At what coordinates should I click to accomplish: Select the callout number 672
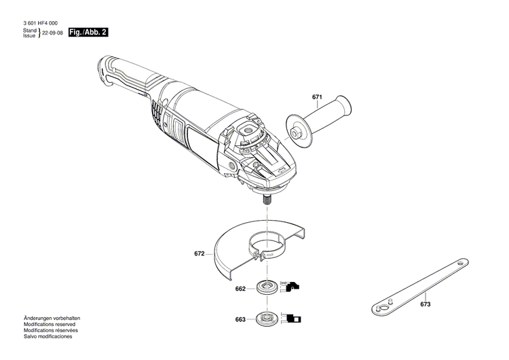coord(199,254)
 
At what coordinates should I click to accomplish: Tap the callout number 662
coord(240,289)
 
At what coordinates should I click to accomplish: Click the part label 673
coord(425,304)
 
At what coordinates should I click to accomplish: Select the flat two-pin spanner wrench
coord(419,285)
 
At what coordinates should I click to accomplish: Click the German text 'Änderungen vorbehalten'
coord(52,318)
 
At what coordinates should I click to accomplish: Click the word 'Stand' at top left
coord(29,31)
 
